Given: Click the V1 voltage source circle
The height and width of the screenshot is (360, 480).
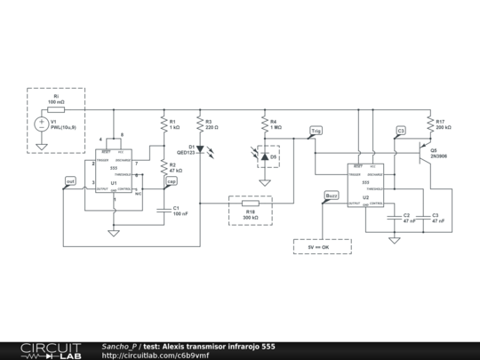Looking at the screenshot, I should pos(41,124).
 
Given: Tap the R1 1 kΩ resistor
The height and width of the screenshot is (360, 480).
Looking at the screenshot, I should pos(164,125).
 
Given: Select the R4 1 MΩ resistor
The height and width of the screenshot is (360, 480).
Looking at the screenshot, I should pos(265,125).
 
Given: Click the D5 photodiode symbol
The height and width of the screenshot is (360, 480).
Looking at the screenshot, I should pos(265,156).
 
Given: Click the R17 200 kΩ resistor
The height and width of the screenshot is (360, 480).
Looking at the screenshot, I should pos(430,125).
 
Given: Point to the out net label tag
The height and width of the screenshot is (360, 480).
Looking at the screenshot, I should pos(70,181).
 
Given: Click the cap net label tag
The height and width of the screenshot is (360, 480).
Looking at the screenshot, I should pos(172,181).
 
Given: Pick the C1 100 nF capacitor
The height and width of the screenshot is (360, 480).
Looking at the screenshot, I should pos(164,210).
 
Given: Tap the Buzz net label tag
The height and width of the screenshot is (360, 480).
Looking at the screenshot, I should pos(331,195).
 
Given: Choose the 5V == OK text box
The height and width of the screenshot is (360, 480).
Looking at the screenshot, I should pos(322,246).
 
